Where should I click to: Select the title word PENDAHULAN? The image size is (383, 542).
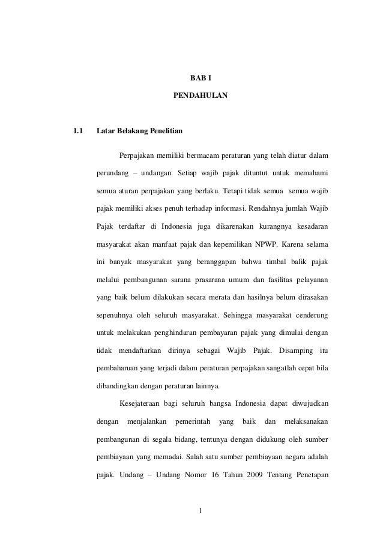201,95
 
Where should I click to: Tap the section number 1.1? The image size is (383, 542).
77,130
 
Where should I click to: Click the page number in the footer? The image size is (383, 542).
201,511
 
